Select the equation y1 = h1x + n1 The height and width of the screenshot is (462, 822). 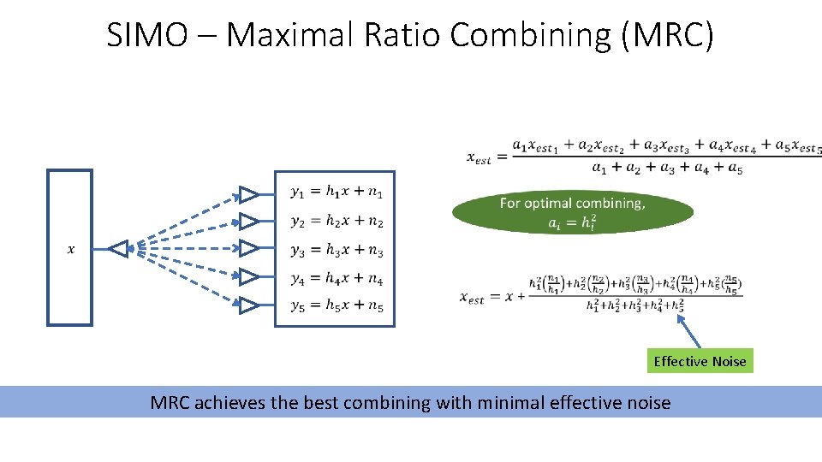pyautogui.click(x=337, y=193)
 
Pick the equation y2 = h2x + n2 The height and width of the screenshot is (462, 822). pyautogui.click(x=337, y=222)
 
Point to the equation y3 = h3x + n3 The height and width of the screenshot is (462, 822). pyautogui.click(x=337, y=250)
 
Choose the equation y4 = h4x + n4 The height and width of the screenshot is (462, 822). pyautogui.click(x=337, y=278)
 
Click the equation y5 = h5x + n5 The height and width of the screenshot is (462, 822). pyautogui.click(x=337, y=305)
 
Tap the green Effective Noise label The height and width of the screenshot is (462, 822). pyautogui.click(x=700, y=361)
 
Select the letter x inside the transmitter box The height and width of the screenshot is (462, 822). pyautogui.click(x=70, y=249)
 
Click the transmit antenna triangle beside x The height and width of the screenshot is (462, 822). pyautogui.click(x=118, y=249)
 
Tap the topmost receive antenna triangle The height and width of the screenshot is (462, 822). pyautogui.click(x=247, y=193)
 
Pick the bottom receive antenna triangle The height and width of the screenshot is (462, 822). pyautogui.click(x=247, y=305)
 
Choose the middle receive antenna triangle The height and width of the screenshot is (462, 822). pyautogui.click(x=247, y=249)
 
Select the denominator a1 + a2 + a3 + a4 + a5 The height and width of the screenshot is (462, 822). pyautogui.click(x=666, y=169)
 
